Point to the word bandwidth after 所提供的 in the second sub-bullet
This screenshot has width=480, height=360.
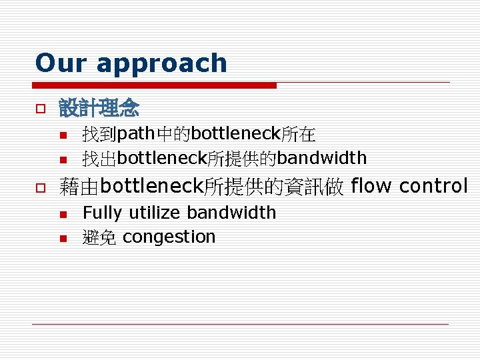[x=321, y=158]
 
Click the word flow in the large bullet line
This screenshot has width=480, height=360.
[x=371, y=185]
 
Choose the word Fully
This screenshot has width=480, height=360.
[x=103, y=213]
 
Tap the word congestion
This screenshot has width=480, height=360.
[x=169, y=237]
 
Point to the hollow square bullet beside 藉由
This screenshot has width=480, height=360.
[x=40, y=187]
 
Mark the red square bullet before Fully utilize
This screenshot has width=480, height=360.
[x=62, y=214]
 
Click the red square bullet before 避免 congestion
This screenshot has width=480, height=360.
[x=62, y=238]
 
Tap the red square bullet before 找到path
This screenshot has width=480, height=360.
[x=62, y=136]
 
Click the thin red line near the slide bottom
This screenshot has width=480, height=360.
[x=240, y=324]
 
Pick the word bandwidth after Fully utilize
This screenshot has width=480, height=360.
[x=231, y=213]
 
